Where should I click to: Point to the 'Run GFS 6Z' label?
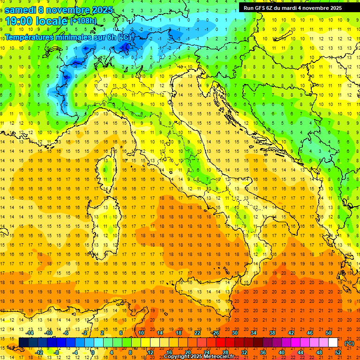pyautogui.click(x=258, y=8)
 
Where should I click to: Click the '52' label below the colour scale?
pyautogui.click(x=338, y=352)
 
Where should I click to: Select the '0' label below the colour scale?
pyautogui.click(x=93, y=352)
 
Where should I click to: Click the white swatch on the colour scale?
pyautogui.click(x=333, y=343)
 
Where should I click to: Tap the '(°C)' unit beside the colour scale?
pyautogui.click(x=349, y=343)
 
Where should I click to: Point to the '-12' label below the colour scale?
pyautogui.click(x=39, y=352)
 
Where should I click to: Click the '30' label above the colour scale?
pyautogui.click(x=234, y=332)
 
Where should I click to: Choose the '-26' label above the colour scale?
pyautogui.click(x=215, y=332)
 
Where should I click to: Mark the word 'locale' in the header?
pyautogui.click(x=52, y=21)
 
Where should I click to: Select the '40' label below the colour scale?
pyautogui.click(x=282, y=352)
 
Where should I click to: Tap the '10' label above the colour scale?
pyautogui.click(x=141, y=332)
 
